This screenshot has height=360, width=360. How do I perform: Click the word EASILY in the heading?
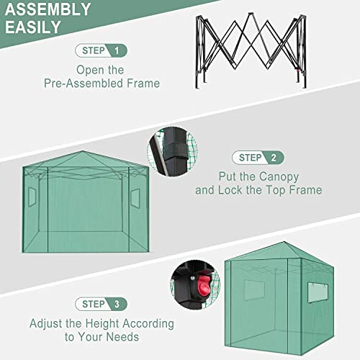coord(35,28)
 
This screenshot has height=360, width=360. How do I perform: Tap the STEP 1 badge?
coord(102,50)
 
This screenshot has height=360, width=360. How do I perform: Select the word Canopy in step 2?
coord(279,176)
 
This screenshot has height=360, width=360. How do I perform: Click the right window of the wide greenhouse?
coord(135,196)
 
